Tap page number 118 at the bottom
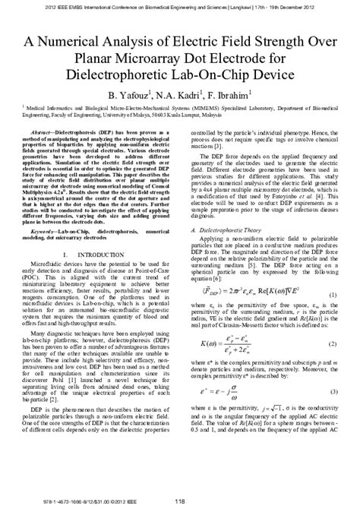click(179, 499)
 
